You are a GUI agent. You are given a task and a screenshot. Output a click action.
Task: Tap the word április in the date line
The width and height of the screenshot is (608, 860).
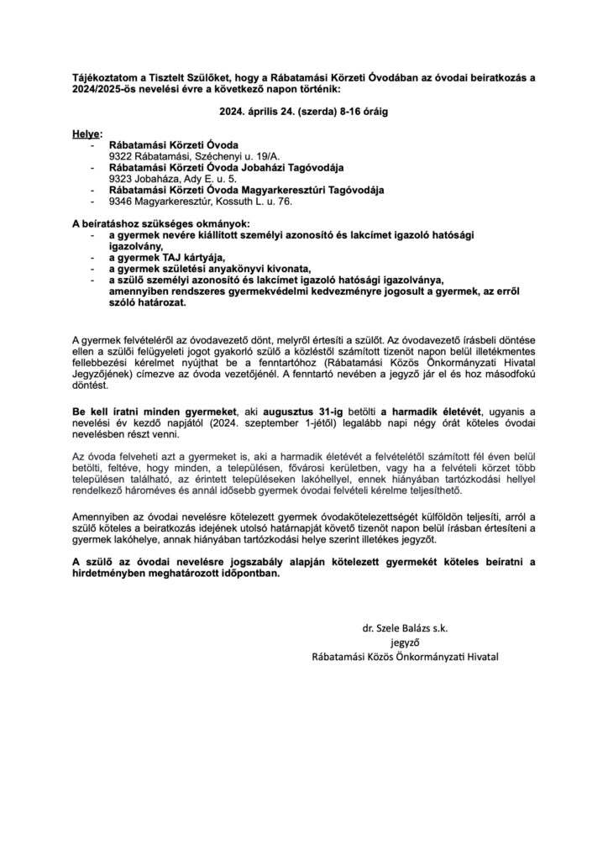(280, 109)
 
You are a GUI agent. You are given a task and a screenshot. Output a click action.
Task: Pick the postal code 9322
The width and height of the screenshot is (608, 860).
(123, 155)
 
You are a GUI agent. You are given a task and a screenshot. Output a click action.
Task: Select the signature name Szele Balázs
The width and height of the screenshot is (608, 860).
(408, 627)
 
